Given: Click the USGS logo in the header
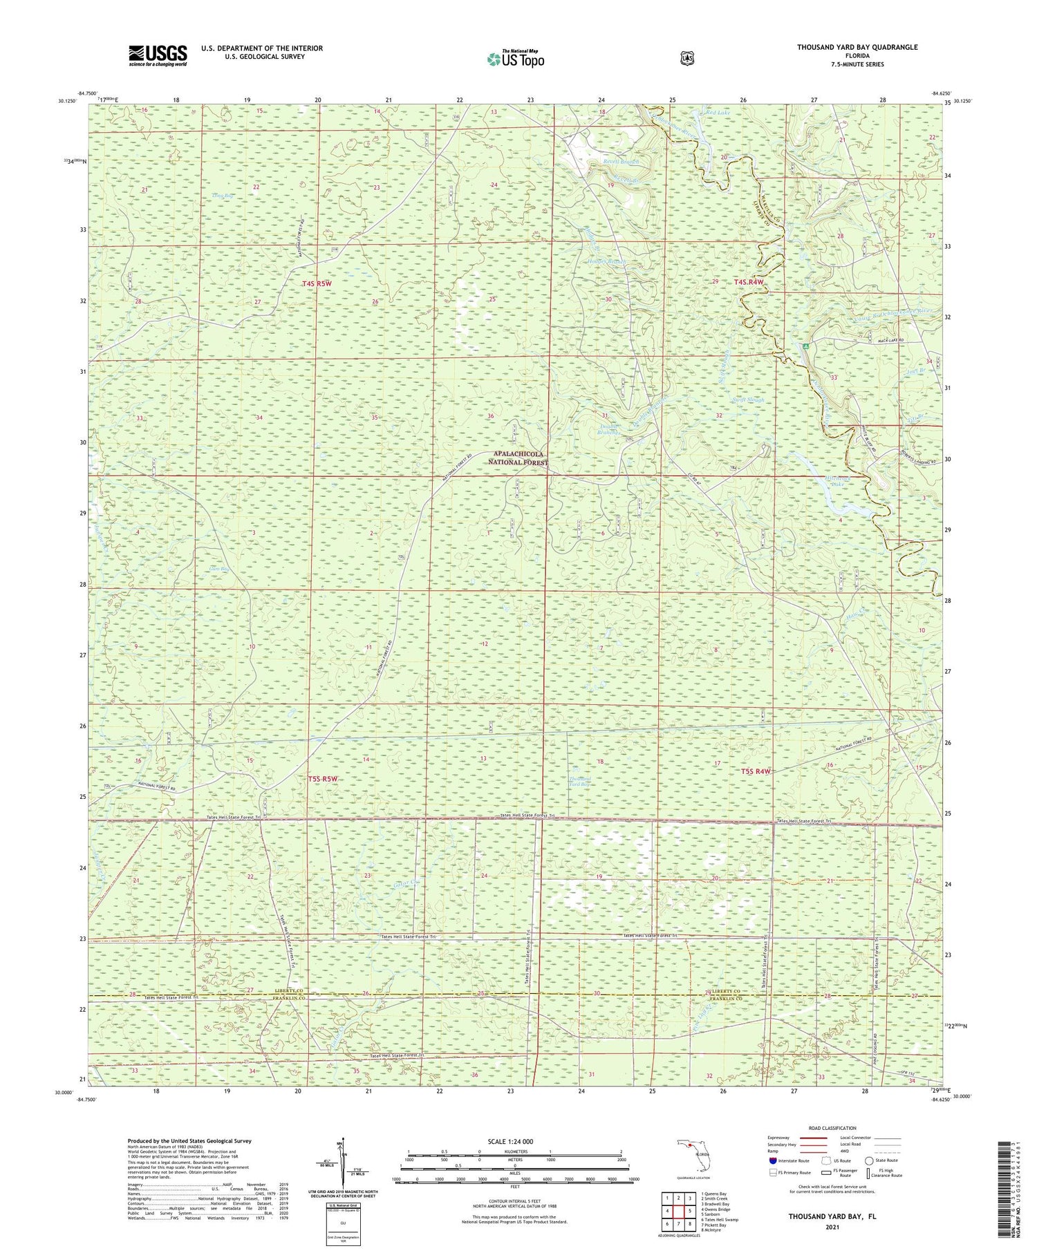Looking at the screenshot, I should [158, 55].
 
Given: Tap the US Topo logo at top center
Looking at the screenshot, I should [515, 59].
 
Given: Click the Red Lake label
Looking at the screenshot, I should [717, 112].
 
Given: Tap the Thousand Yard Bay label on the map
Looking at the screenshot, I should [580, 782].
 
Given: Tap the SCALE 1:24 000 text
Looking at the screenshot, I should [514, 1141].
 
